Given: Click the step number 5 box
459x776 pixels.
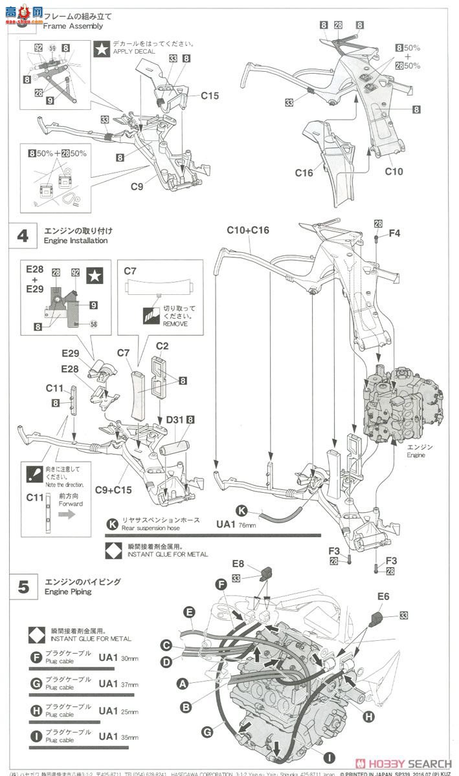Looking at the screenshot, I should click(x=23, y=587).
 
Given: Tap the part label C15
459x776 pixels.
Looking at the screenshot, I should click(x=209, y=96).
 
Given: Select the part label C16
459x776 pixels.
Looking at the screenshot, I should click(x=304, y=173).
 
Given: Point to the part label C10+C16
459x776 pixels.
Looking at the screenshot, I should click(x=248, y=231).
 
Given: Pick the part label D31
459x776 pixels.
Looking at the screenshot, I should click(x=174, y=420).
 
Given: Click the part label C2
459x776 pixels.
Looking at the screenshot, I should click(x=162, y=346).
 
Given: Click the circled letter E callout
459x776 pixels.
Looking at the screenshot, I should click(x=188, y=611).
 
